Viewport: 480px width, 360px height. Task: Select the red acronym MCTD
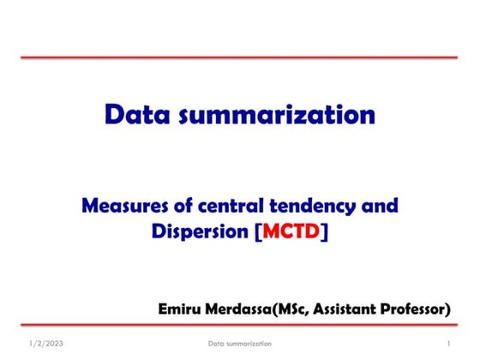[291, 231]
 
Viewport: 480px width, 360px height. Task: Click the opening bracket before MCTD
[259, 231]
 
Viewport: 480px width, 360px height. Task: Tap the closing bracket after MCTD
[324, 231]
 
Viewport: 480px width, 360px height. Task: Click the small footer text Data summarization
[240, 344]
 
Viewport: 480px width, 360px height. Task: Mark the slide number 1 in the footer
[448, 344]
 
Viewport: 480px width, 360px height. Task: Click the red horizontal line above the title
[240, 57]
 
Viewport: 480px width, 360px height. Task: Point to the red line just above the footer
[240, 326]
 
